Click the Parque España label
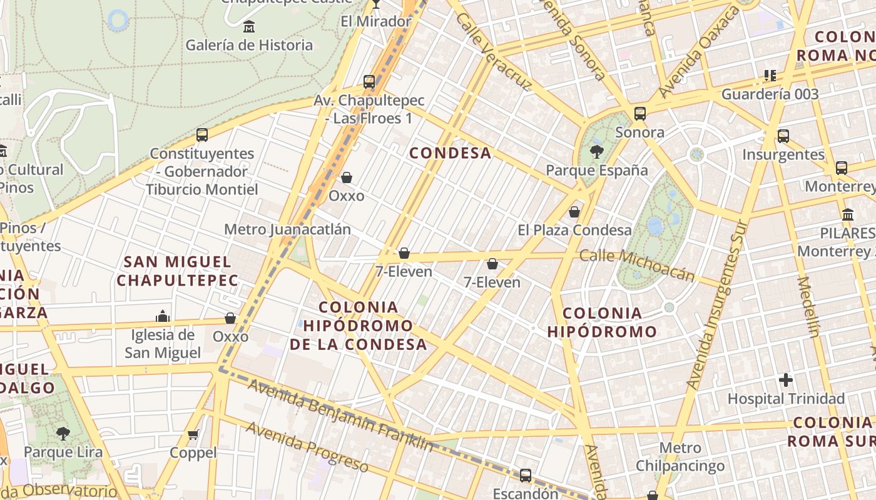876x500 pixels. click(x=596, y=170)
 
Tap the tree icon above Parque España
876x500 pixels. click(x=597, y=151)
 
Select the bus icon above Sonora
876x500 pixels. click(x=639, y=114)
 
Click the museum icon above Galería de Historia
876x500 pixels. click(x=249, y=26)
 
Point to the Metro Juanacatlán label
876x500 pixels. click(x=287, y=229)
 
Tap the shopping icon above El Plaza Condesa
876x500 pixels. click(x=574, y=212)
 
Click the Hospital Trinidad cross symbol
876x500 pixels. click(x=786, y=379)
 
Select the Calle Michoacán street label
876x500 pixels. click(x=637, y=265)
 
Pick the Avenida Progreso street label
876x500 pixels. click(x=307, y=446)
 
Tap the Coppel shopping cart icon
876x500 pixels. click(x=193, y=434)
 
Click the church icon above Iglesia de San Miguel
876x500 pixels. click(x=163, y=316)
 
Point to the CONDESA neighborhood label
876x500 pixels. click(x=451, y=153)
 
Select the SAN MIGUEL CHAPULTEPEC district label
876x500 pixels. click(x=177, y=271)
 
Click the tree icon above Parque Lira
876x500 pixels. click(x=63, y=433)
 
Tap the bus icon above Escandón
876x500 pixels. click(x=526, y=476)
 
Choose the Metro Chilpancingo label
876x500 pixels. click(x=680, y=457)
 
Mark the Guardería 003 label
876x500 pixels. click(x=770, y=94)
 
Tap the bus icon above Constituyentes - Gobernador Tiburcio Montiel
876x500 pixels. click(x=202, y=134)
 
